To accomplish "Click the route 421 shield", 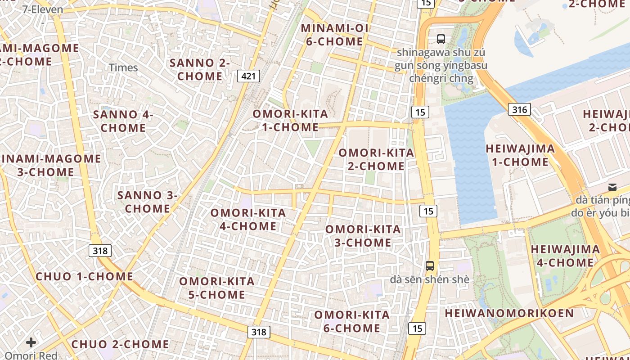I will click(248, 76).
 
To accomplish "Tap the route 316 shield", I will click(520, 109).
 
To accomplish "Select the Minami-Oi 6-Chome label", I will click(334, 35).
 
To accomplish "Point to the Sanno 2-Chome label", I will click(200, 69).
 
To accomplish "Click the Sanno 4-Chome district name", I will click(123, 121).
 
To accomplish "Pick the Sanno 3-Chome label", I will click(148, 202).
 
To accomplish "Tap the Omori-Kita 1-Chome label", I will click(290, 120).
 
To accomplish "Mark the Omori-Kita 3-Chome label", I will click(363, 236).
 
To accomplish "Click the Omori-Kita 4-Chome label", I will click(248, 219).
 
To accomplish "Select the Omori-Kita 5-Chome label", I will click(217, 288).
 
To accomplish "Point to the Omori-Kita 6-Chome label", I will click(352, 321).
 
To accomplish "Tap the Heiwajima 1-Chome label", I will click(520, 155).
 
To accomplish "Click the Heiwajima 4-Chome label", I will click(565, 256).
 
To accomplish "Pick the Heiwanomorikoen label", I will click(509, 313).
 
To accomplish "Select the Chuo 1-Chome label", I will click(84, 276).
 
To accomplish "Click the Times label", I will click(123, 68).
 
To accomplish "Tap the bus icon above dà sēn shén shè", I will click(430, 265).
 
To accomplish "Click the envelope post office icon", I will click(612, 187).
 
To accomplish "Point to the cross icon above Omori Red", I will click(31, 343).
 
